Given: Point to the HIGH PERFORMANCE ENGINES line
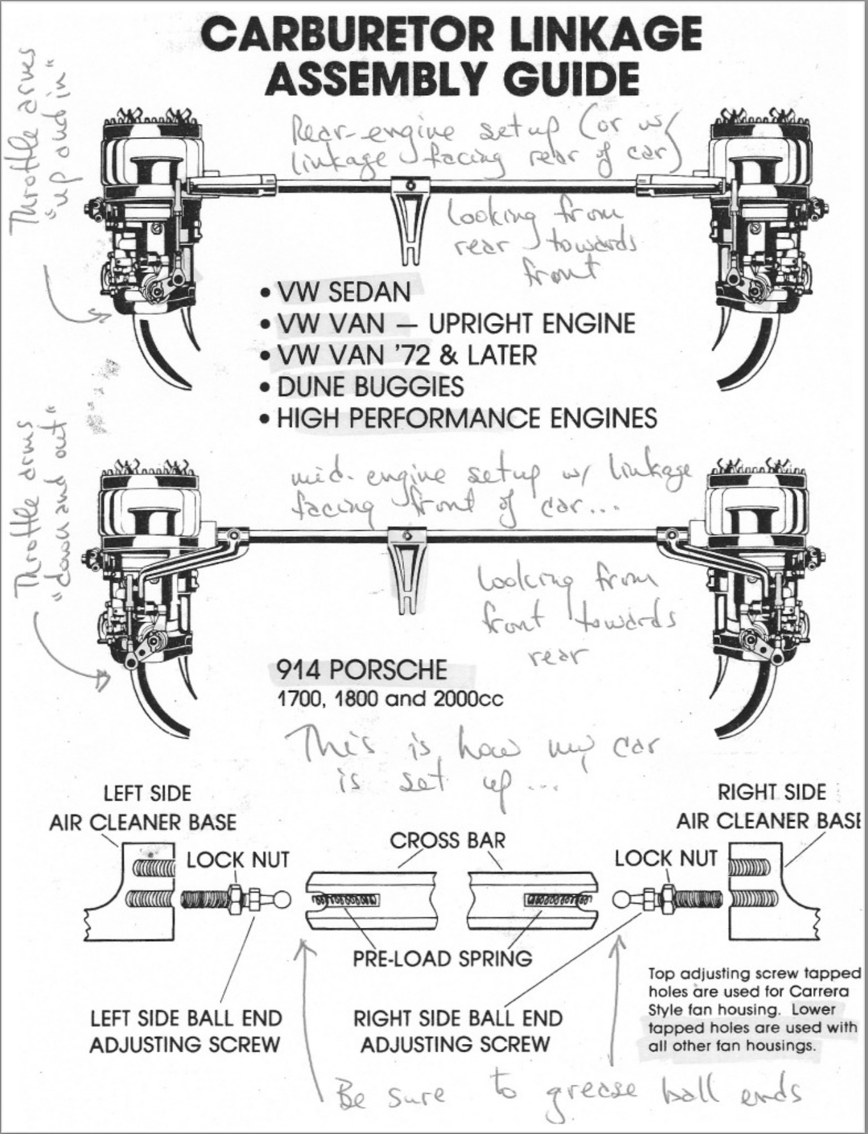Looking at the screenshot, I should click(x=467, y=419).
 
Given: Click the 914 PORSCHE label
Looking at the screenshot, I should click(x=361, y=670).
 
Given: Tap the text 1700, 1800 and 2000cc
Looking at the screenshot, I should click(x=389, y=699).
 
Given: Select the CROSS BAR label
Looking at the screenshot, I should click(x=447, y=840).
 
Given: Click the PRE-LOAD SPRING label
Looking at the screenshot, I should click(x=442, y=958).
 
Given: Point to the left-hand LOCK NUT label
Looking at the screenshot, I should click(x=237, y=860).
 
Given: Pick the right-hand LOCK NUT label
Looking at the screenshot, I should click(x=666, y=859).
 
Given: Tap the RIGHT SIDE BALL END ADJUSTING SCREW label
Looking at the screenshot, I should click(x=458, y=1031).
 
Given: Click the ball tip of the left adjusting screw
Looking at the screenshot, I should click(x=282, y=900).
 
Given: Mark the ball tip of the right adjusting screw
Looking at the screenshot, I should click(x=622, y=900).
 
